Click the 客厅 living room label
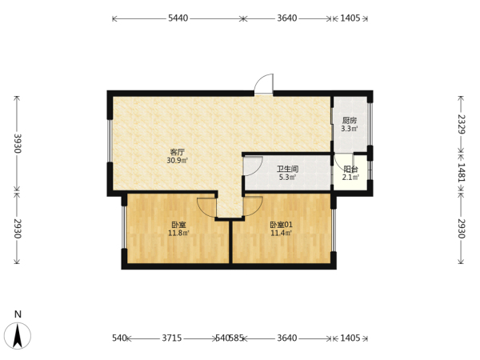pyautogui.click(x=178, y=152)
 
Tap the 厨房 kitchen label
pyautogui.click(x=350, y=120)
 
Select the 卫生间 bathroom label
pyautogui.click(x=287, y=169)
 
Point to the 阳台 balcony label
pyautogui.click(x=350, y=169)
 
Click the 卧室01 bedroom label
pyautogui.click(x=281, y=225)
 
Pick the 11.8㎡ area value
pyautogui.click(x=178, y=233)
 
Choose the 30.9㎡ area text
pyautogui.click(x=178, y=160)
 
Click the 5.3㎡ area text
pyautogui.click(x=287, y=177)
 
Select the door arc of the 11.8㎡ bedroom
pyautogui.click(x=202, y=211)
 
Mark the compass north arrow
pyautogui.click(x=18, y=336)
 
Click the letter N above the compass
pyautogui.click(x=18, y=314)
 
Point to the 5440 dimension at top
pyautogui.click(x=178, y=18)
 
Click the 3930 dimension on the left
pyautogui.click(x=17, y=143)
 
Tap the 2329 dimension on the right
pyautogui.click(x=462, y=124)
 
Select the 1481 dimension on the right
pyautogui.click(x=462, y=173)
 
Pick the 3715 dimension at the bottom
pyautogui.click(x=172, y=338)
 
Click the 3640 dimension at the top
pyautogui.click(x=287, y=18)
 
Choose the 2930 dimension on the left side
pyautogui.click(x=17, y=228)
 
